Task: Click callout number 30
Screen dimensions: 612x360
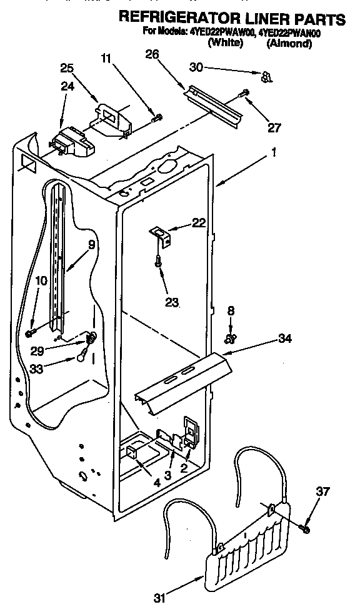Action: pyautogui.click(x=197, y=67)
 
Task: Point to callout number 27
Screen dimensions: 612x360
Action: pyautogui.click(x=273, y=127)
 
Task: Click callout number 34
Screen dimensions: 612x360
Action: pyautogui.click(x=284, y=339)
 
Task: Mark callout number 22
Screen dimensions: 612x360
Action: pyautogui.click(x=198, y=223)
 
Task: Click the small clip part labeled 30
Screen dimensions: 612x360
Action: pyautogui.click(x=266, y=77)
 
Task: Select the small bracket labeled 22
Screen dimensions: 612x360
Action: pyautogui.click(x=161, y=235)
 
